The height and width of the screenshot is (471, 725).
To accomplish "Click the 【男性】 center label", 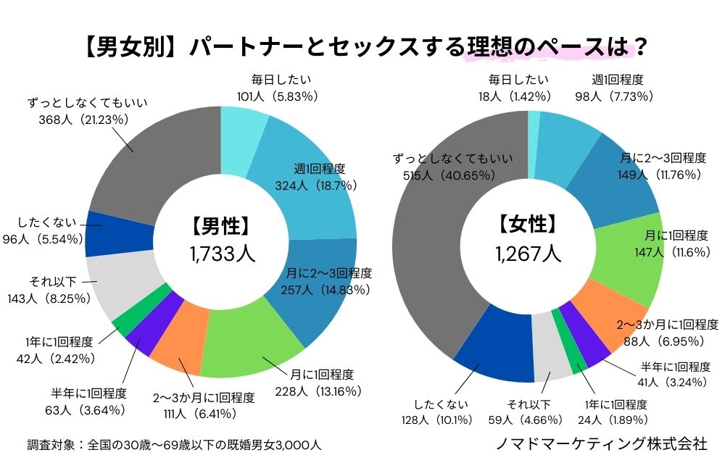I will point(221,227).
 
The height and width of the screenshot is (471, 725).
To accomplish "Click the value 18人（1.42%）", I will point(518,96).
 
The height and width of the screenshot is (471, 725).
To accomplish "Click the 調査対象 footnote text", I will point(173,444).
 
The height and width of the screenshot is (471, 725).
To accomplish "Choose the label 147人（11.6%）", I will point(664,251).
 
